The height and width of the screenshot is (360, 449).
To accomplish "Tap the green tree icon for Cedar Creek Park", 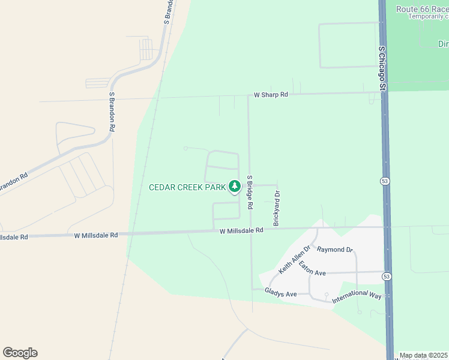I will [x=235, y=187].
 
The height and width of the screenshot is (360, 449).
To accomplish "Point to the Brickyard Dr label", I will [x=277, y=208].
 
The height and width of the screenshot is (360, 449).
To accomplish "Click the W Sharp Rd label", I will [x=271, y=95].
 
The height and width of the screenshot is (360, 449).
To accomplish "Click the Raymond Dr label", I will [x=335, y=249].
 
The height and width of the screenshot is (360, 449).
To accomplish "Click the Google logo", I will [x=20, y=353].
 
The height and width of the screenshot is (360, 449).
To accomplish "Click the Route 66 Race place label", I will [x=422, y=9].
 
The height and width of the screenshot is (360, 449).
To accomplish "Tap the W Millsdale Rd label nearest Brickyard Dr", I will [x=241, y=230].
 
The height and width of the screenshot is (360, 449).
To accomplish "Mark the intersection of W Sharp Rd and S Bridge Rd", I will [x=248, y=95].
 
